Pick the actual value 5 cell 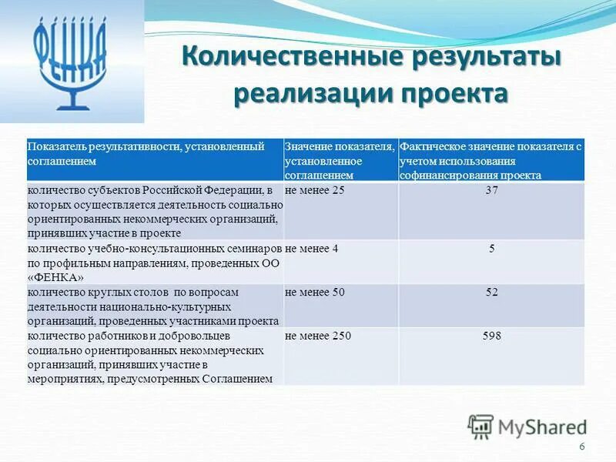point(491,248)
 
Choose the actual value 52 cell point(491,292)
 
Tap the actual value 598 point(491,336)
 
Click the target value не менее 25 point(315,190)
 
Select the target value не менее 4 point(312,248)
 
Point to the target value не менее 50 point(315,292)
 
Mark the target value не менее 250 point(318,336)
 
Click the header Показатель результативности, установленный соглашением point(146,153)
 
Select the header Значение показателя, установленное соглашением point(340,160)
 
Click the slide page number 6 point(581,448)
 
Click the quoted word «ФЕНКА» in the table point(56,276)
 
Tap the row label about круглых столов point(154,306)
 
